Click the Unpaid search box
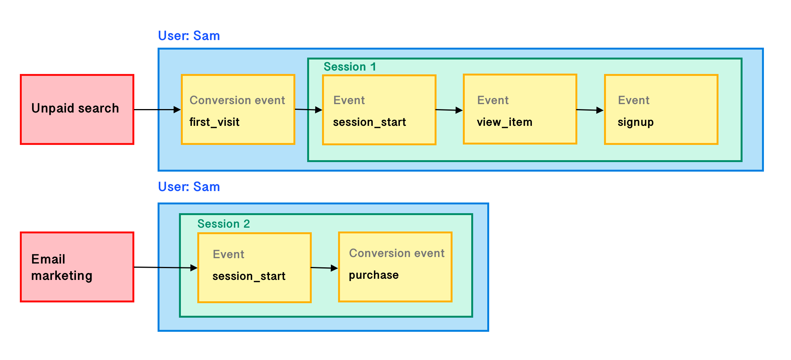(x=77, y=109)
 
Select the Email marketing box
(x=77, y=267)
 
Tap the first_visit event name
(x=214, y=122)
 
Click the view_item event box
(x=520, y=109)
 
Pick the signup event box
(x=661, y=109)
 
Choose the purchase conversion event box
(x=395, y=267)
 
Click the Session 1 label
(x=350, y=67)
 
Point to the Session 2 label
(x=223, y=224)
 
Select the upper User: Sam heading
(x=189, y=36)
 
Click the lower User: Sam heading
(x=189, y=187)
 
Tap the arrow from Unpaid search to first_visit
(x=157, y=109)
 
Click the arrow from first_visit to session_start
(x=308, y=110)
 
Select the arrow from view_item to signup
(x=590, y=110)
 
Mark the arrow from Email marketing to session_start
(x=165, y=267)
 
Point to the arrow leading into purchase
(x=324, y=268)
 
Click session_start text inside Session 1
(x=369, y=122)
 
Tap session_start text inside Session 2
(x=248, y=276)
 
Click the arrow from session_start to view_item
(x=449, y=110)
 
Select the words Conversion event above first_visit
(x=237, y=100)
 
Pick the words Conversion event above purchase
(x=396, y=253)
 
